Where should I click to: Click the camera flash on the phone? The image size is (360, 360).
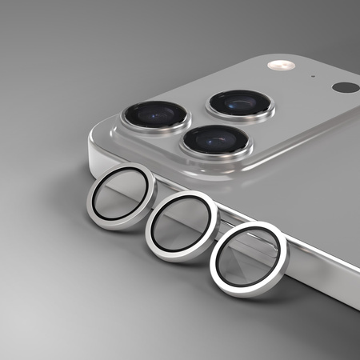280,65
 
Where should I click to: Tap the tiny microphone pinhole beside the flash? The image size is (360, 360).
313,78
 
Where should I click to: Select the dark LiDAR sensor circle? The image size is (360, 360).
346,86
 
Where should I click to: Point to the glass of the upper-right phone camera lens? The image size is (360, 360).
240,102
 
